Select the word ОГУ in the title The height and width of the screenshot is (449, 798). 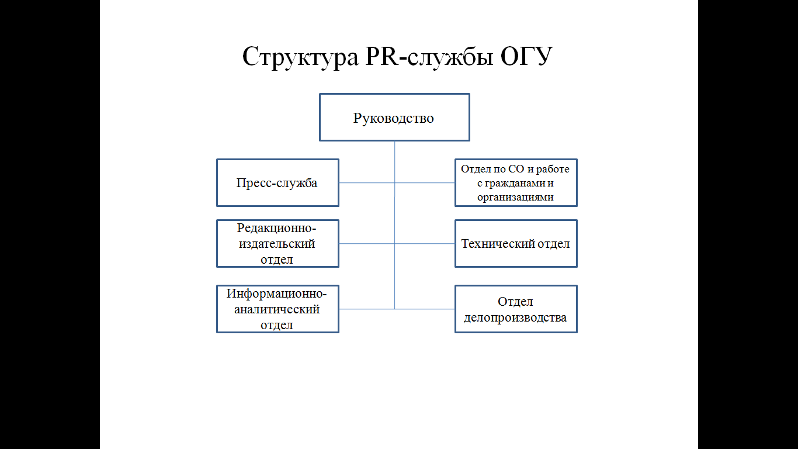click(523, 57)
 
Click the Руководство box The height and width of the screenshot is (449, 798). click(394, 118)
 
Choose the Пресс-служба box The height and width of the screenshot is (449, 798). click(277, 183)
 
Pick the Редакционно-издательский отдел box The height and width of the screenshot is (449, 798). click(277, 243)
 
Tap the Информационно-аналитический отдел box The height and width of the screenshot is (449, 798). click(277, 309)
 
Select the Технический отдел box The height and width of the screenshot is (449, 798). click(516, 243)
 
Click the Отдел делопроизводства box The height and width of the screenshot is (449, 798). click(516, 309)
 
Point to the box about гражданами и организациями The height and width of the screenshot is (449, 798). click(516, 183)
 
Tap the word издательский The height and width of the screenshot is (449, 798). click(277, 243)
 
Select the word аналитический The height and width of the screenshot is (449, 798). click(277, 309)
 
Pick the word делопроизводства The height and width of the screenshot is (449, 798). click(515, 318)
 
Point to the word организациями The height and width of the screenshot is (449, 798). click(515, 197)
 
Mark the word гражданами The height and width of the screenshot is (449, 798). click(511, 183)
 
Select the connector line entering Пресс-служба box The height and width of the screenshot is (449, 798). click(366, 183)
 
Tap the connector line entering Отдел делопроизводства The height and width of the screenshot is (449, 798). click(425, 309)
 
